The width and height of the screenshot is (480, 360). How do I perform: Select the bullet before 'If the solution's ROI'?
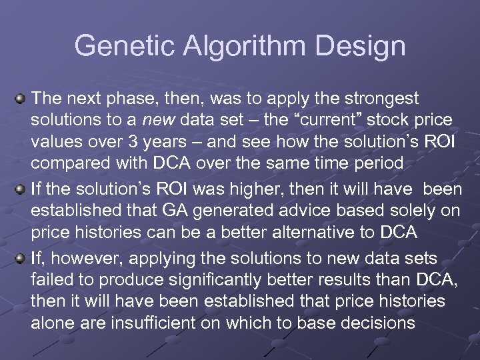[21, 190]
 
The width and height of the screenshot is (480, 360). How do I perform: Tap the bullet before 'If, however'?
[21, 258]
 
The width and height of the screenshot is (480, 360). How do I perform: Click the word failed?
[51, 279]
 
